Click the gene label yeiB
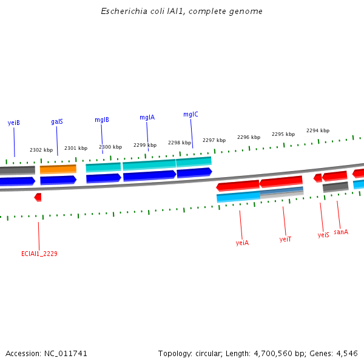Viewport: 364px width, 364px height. tap(13, 123)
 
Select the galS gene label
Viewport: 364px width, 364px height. tap(57, 121)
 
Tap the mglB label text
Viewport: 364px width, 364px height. tap(102, 120)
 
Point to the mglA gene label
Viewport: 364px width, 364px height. tap(147, 117)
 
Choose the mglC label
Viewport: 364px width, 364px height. tap(190, 114)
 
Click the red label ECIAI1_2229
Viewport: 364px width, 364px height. tap(39, 254)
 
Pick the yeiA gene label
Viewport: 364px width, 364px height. tap(242, 243)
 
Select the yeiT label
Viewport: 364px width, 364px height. tap(285, 239)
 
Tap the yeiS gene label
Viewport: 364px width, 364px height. tap(323, 235)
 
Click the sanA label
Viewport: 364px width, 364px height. tap(341, 232)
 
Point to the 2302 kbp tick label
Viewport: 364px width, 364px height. tap(41, 150)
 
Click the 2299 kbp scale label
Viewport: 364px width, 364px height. tap(145, 145)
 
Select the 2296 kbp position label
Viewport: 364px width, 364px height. tap(249, 137)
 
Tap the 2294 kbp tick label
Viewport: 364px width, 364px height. tap(318, 130)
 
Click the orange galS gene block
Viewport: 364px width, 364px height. tap(58, 169)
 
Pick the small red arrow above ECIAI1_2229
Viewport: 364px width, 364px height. tap(38, 197)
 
